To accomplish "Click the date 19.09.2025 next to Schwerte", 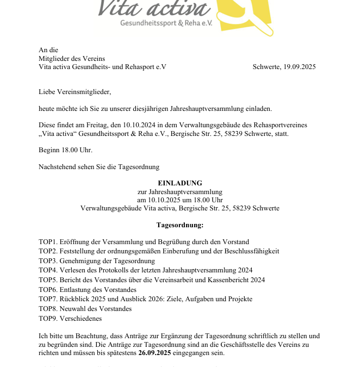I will click(x=299, y=67).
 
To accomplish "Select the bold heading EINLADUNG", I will click(x=179, y=183).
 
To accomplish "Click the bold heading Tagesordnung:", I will click(x=179, y=225).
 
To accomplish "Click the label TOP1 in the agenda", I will click(x=47, y=242).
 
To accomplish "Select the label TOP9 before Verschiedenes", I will click(x=47, y=319).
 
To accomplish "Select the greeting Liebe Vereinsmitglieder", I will click(x=75, y=92).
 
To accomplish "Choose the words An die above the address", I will click(x=48, y=50).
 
